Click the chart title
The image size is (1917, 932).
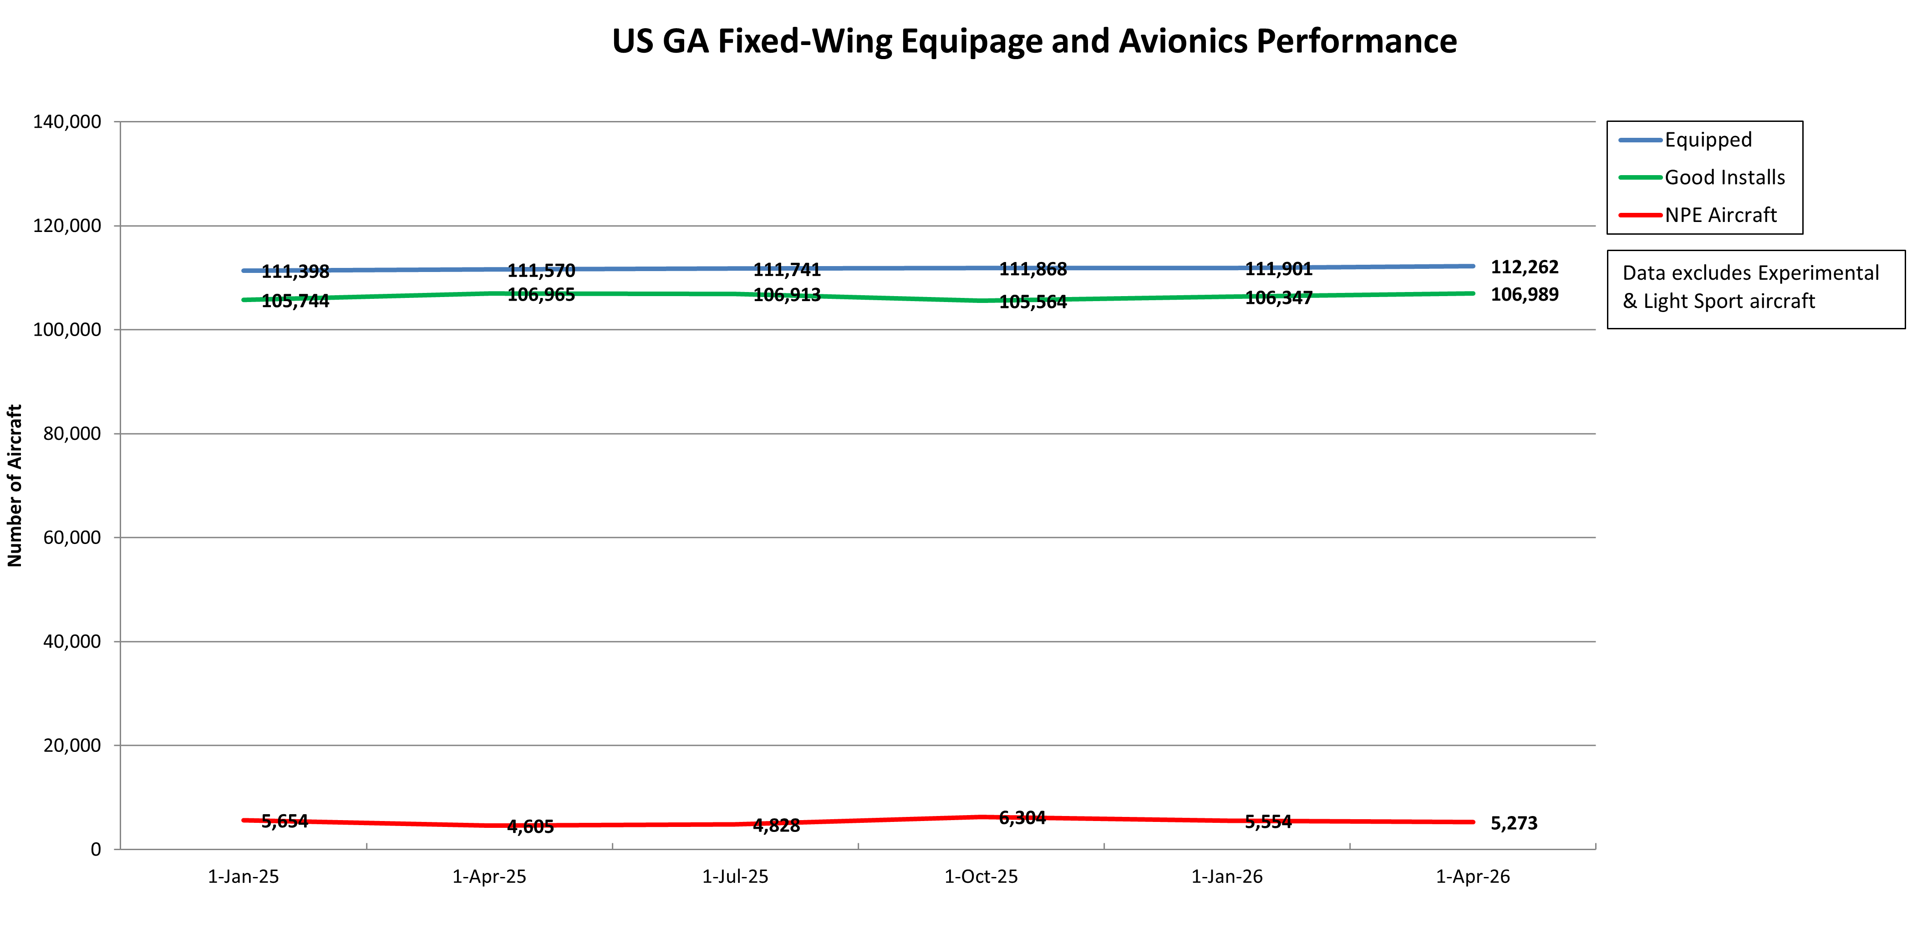click(1034, 42)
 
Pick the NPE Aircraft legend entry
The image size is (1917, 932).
click(1720, 216)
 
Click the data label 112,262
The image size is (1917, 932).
click(1524, 267)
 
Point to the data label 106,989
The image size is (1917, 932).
click(1524, 295)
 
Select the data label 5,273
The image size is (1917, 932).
click(1514, 823)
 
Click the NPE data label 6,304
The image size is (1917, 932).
click(1022, 818)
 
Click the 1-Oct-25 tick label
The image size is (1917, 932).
click(981, 877)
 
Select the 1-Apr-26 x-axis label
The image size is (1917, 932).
click(1473, 877)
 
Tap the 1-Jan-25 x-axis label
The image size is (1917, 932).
click(244, 877)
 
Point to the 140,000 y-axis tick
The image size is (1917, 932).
click(67, 122)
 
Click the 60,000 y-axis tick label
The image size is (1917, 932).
click(72, 538)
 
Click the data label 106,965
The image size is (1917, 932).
click(541, 295)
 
